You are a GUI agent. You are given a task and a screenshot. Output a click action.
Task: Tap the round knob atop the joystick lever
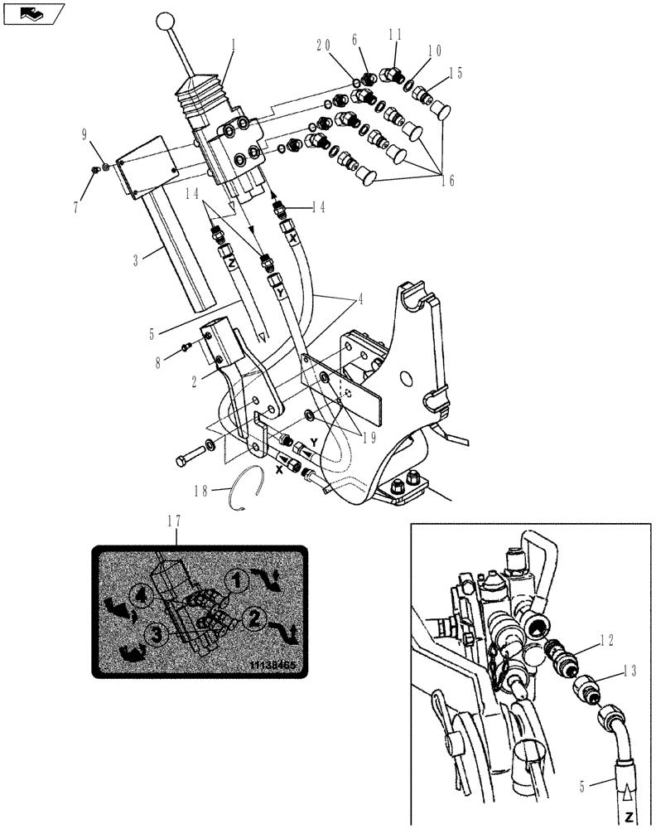[167, 21]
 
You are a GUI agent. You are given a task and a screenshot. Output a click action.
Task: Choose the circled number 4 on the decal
[142, 594]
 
